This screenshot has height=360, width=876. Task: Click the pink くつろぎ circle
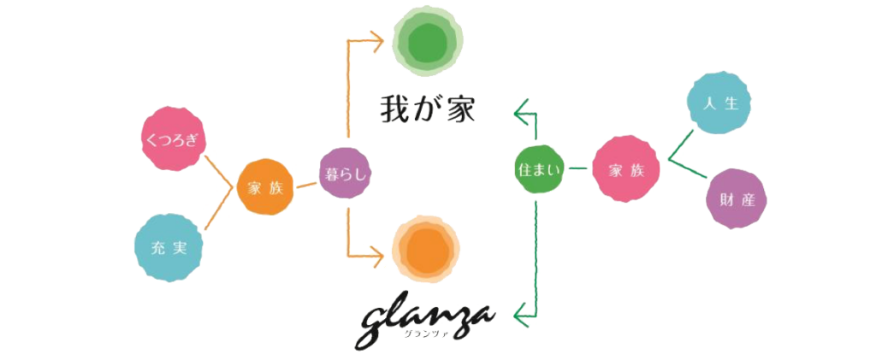pos(173,139)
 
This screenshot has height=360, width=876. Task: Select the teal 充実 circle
pos(169,248)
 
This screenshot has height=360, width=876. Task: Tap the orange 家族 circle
pos(265,187)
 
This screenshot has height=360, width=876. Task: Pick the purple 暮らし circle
pos(346,174)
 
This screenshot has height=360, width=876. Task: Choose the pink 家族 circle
pos(625,168)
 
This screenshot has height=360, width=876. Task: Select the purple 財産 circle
pos(737,199)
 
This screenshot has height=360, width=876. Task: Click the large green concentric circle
pos(428,43)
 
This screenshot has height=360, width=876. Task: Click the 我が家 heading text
pos(428,109)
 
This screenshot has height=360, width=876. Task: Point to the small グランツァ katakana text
pos(419,333)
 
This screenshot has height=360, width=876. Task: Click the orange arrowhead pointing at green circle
pos(377,41)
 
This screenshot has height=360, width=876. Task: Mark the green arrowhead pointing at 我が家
pos(521,113)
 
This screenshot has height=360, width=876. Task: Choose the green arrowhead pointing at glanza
pos(521,315)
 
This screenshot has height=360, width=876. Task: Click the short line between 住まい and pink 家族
pos(577,168)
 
